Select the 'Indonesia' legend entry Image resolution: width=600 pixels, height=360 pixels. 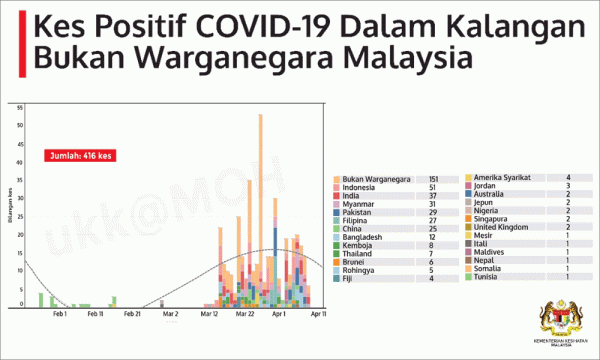(x=363, y=187)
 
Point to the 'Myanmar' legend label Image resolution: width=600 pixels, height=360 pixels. (x=362, y=205)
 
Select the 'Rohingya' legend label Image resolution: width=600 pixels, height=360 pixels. (x=361, y=270)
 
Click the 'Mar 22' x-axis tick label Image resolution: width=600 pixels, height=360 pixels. (x=245, y=314)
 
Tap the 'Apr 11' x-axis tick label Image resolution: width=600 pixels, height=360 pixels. (x=318, y=314)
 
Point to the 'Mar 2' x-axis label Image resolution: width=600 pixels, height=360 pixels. (x=171, y=314)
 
